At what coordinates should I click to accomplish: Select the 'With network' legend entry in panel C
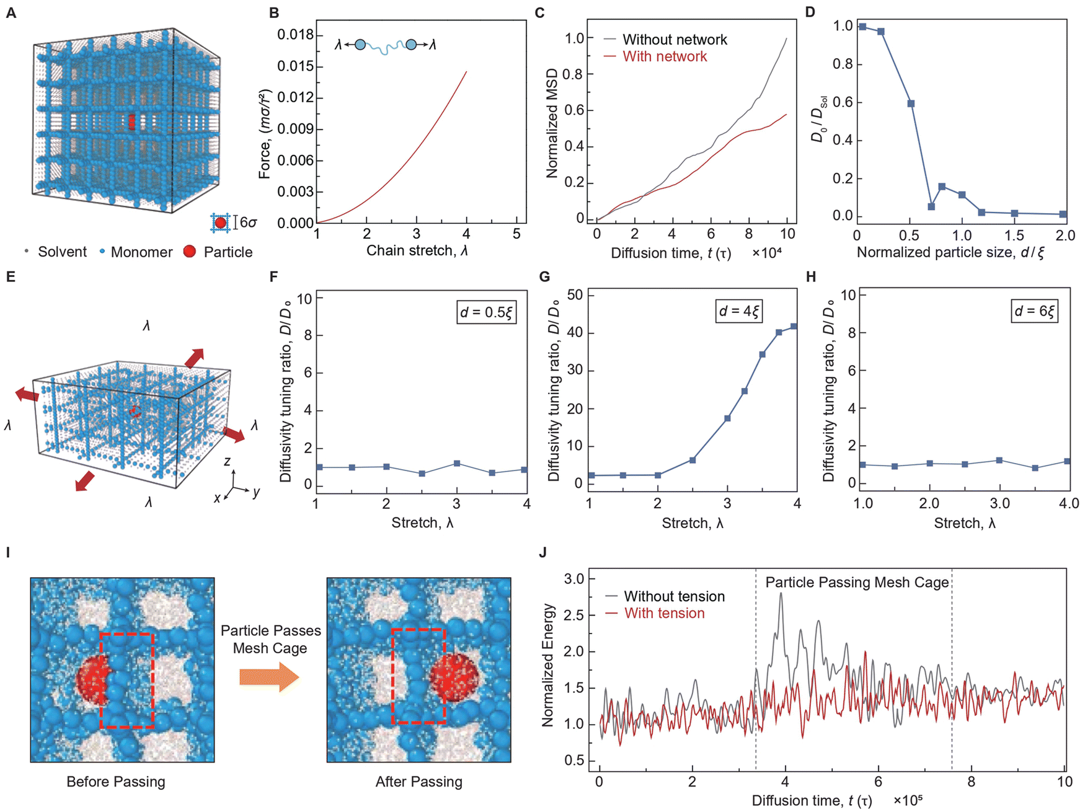(x=665, y=56)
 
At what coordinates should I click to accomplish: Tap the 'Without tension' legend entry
(x=674, y=596)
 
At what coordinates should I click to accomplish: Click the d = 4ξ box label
(x=738, y=311)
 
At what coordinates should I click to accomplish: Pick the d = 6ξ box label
(x=1034, y=311)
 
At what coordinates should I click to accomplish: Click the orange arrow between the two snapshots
(x=270, y=677)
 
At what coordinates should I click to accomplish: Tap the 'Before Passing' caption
(x=116, y=782)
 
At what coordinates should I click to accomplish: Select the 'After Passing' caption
(x=419, y=782)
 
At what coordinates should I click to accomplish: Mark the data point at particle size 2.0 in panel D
(x=1063, y=214)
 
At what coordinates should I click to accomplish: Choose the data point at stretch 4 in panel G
(x=794, y=326)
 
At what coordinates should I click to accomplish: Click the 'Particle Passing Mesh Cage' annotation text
(x=857, y=583)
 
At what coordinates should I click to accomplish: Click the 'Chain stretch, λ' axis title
(x=417, y=251)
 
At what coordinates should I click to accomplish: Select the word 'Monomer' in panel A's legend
(x=142, y=252)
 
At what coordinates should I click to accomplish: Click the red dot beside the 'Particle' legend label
(x=190, y=251)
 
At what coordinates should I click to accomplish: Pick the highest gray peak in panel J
(x=781, y=594)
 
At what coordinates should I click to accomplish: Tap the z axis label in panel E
(x=228, y=461)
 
